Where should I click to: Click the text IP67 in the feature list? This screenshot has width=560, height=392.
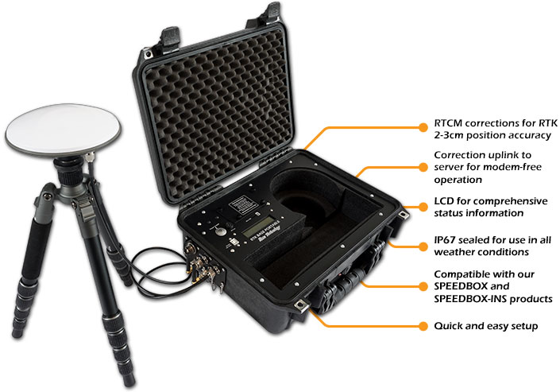tap(446, 238)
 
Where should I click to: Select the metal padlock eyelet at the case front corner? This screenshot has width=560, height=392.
tap(302, 306)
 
